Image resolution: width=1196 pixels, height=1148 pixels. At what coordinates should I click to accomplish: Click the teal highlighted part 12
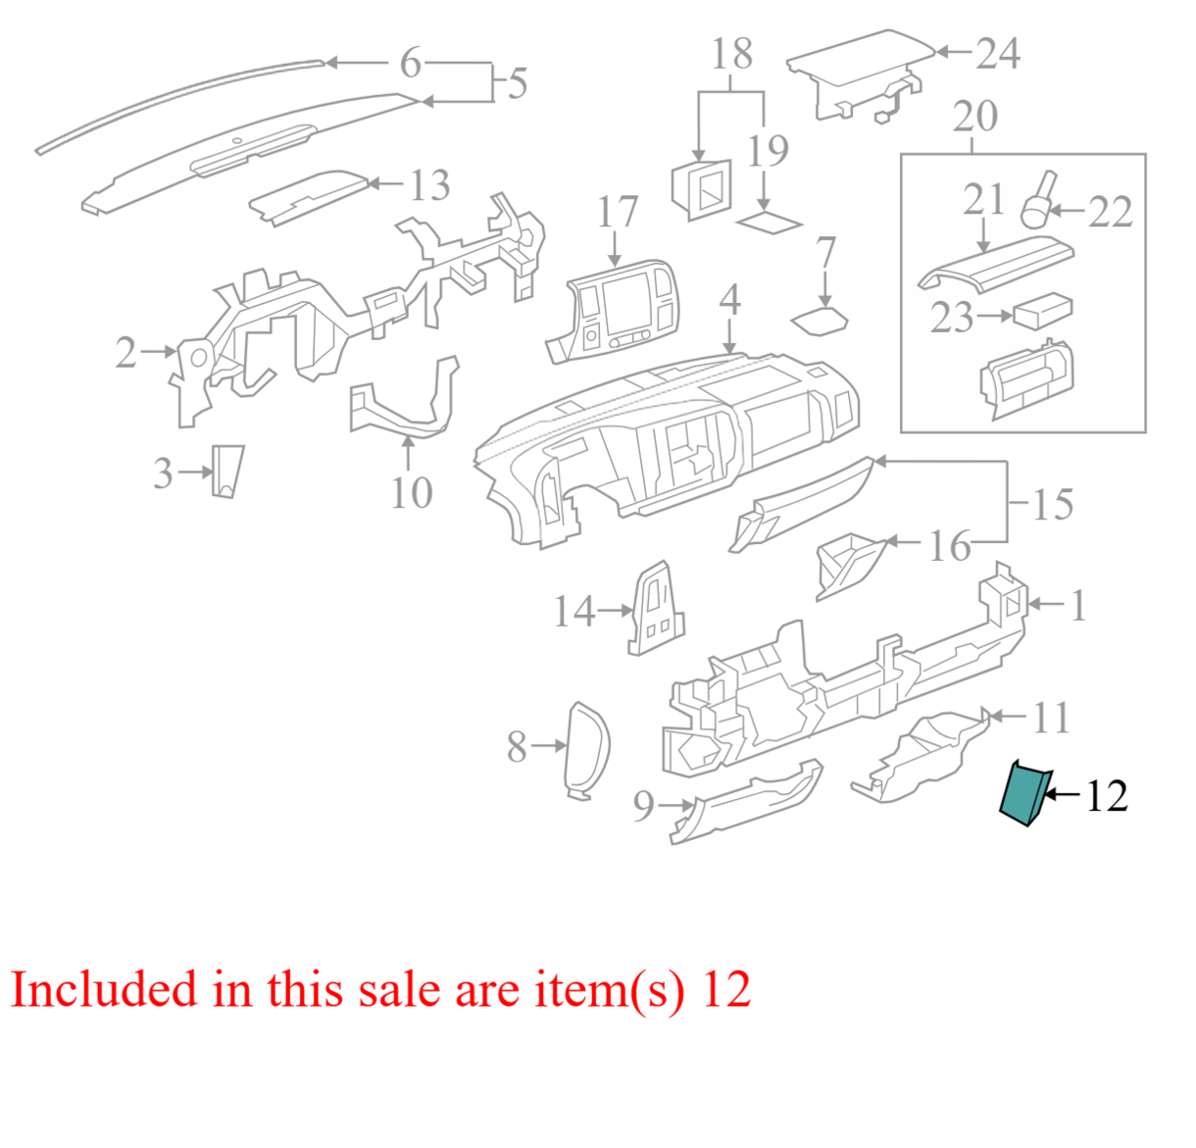click(x=1026, y=794)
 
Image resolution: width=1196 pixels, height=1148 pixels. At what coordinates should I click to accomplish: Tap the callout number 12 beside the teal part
click(x=1107, y=796)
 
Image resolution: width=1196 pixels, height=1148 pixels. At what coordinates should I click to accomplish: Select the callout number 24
click(x=999, y=53)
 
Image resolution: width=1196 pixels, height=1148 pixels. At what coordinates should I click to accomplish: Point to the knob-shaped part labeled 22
click(x=1039, y=201)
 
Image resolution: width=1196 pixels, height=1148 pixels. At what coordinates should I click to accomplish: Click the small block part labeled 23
click(x=1043, y=311)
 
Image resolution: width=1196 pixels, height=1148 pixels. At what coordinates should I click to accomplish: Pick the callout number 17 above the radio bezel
click(x=618, y=212)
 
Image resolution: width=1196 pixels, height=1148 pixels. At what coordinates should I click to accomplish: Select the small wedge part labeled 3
click(x=227, y=471)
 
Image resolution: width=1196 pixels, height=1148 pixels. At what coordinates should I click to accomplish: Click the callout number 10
click(x=412, y=492)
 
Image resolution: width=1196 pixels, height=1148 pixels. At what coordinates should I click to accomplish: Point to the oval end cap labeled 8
click(x=587, y=750)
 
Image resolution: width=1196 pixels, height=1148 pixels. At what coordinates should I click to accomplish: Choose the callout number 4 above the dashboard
click(x=730, y=300)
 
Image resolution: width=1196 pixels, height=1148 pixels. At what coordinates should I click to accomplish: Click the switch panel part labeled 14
click(x=656, y=608)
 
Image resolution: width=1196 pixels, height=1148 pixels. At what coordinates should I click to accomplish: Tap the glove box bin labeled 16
click(x=851, y=566)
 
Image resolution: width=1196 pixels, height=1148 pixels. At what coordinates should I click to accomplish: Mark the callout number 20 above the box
click(x=976, y=116)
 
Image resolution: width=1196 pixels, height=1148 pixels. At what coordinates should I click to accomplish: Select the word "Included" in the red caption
click(x=104, y=989)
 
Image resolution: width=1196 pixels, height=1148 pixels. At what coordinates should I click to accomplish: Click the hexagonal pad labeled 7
click(x=819, y=321)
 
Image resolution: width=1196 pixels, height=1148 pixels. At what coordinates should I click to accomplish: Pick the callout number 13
click(x=430, y=185)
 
